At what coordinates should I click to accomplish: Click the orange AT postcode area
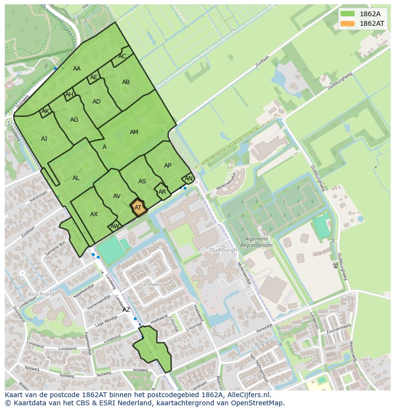(138, 208)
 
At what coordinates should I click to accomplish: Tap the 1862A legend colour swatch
(348, 14)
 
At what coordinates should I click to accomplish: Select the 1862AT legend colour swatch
(348, 23)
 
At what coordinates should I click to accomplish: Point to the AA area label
(77, 69)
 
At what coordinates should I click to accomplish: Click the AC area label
(122, 56)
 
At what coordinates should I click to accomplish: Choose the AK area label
(45, 112)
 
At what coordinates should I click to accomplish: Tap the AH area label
(69, 95)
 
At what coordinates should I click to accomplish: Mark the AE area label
(94, 77)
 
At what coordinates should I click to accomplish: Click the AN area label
(188, 179)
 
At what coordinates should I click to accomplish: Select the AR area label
(162, 192)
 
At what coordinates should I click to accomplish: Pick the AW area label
(114, 226)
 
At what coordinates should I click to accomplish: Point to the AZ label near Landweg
(126, 310)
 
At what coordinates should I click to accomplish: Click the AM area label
(134, 132)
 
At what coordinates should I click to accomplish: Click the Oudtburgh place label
(223, 250)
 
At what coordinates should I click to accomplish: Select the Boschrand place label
(41, 294)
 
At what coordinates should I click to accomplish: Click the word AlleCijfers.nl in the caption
(248, 395)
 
